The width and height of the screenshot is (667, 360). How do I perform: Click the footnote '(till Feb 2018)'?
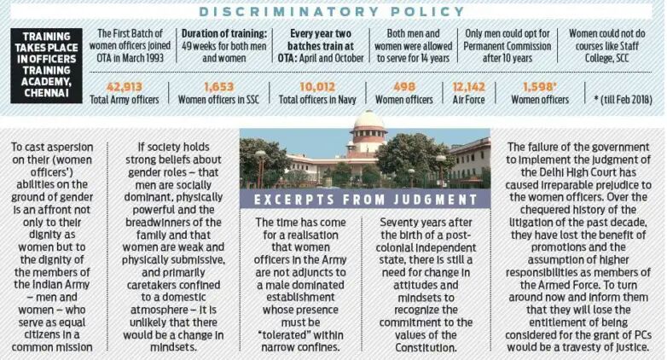624,100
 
